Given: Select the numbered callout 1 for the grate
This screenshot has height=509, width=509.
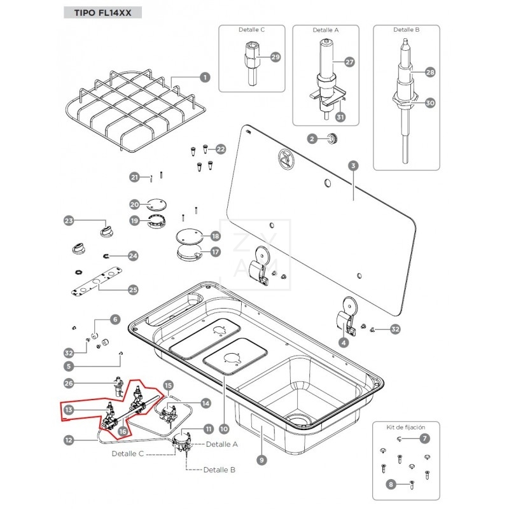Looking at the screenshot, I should click(205, 78).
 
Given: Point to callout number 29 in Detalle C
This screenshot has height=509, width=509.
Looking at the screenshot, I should click(275, 57).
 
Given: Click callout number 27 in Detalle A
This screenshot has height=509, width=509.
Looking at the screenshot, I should click(349, 62).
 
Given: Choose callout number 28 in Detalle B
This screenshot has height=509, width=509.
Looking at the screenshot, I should click(430, 73).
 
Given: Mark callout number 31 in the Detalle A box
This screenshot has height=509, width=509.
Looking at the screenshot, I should click(340, 117).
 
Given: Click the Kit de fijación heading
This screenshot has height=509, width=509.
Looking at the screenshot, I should click(406, 427).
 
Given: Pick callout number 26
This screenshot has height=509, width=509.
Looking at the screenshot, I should click(69, 383).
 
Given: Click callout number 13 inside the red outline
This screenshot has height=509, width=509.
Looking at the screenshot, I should click(69, 410).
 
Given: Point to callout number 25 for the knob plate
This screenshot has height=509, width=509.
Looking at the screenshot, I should click(133, 289).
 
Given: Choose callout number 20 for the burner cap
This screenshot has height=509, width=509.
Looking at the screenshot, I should click(134, 205).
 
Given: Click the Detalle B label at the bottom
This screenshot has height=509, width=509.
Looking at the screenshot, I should click(220, 470).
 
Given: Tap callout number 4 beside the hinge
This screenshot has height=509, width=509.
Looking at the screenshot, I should click(344, 343).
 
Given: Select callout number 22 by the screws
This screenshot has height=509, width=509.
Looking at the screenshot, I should click(221, 149).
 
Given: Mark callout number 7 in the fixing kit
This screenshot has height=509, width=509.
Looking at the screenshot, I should click(425, 438).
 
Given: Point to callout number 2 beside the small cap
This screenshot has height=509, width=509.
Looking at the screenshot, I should click(312, 138).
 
